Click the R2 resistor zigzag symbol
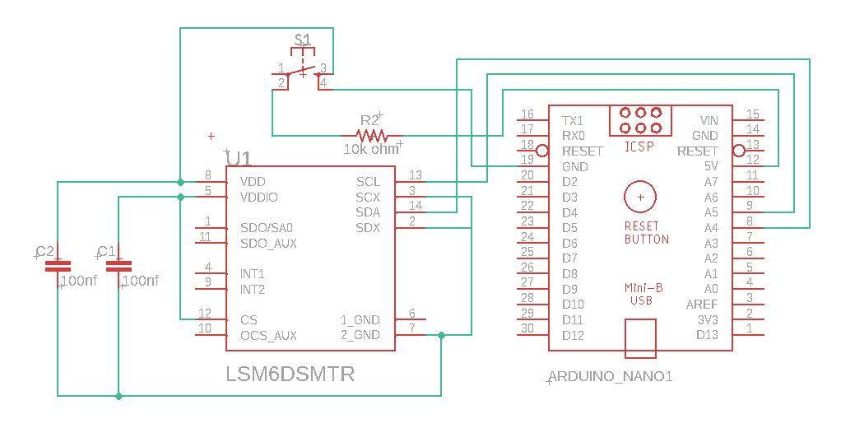click(371, 135)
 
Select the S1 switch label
click(303, 40)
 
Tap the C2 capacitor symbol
click(57, 266)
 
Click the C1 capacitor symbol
click(119, 266)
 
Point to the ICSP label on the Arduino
click(639, 147)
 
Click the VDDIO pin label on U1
click(258, 198)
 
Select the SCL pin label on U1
click(368, 182)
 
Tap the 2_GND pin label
click(360, 335)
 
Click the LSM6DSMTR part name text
click(290, 374)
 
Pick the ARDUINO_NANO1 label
click(611, 377)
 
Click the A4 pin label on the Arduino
click(711, 228)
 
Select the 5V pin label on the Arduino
click(711, 166)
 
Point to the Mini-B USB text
click(641, 295)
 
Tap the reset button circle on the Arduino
click(640, 197)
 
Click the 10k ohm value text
click(370, 150)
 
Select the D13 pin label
click(707, 335)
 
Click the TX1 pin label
click(573, 120)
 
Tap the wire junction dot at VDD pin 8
click(180, 181)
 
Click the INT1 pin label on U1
click(252, 273)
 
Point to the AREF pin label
click(702, 305)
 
